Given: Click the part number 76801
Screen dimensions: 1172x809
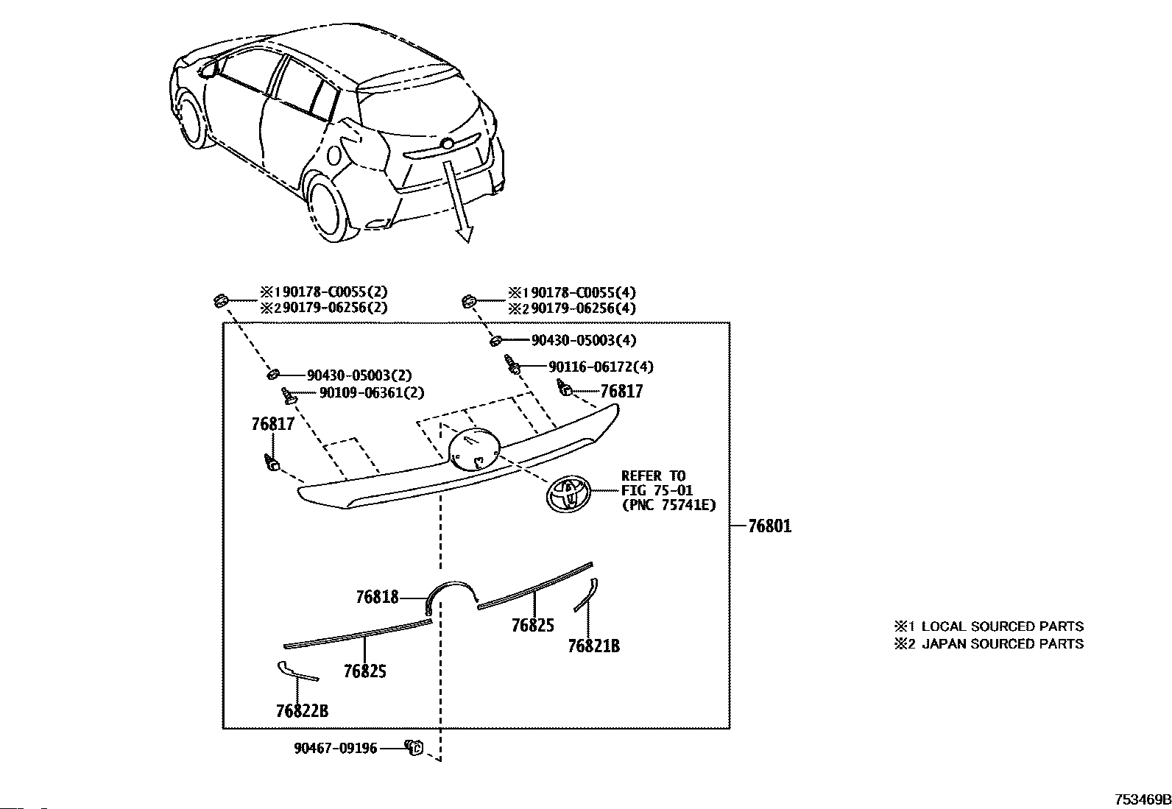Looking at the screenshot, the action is point(769,526).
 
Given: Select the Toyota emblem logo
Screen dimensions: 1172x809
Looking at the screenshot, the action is point(569,493).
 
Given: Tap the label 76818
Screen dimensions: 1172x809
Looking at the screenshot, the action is point(377,596).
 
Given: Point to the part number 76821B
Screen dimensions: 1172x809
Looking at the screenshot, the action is point(594,646).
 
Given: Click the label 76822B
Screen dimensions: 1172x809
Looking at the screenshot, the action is point(303,710).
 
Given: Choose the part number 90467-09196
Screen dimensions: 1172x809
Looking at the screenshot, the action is point(336,749).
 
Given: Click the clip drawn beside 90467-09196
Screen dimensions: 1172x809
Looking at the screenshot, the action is point(414,747).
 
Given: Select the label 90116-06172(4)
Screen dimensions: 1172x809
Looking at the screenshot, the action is point(601,367).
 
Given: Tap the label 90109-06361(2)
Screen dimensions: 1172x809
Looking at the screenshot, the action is point(372,392).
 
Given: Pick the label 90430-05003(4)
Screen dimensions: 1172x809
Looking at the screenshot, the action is point(584,340).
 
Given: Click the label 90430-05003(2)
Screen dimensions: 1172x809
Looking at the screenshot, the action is point(359,375).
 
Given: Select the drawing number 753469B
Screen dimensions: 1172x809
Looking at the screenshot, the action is point(1143,799).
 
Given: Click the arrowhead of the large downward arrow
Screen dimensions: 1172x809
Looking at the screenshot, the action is point(465,233).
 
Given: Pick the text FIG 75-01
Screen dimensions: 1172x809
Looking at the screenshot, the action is point(657,490).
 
